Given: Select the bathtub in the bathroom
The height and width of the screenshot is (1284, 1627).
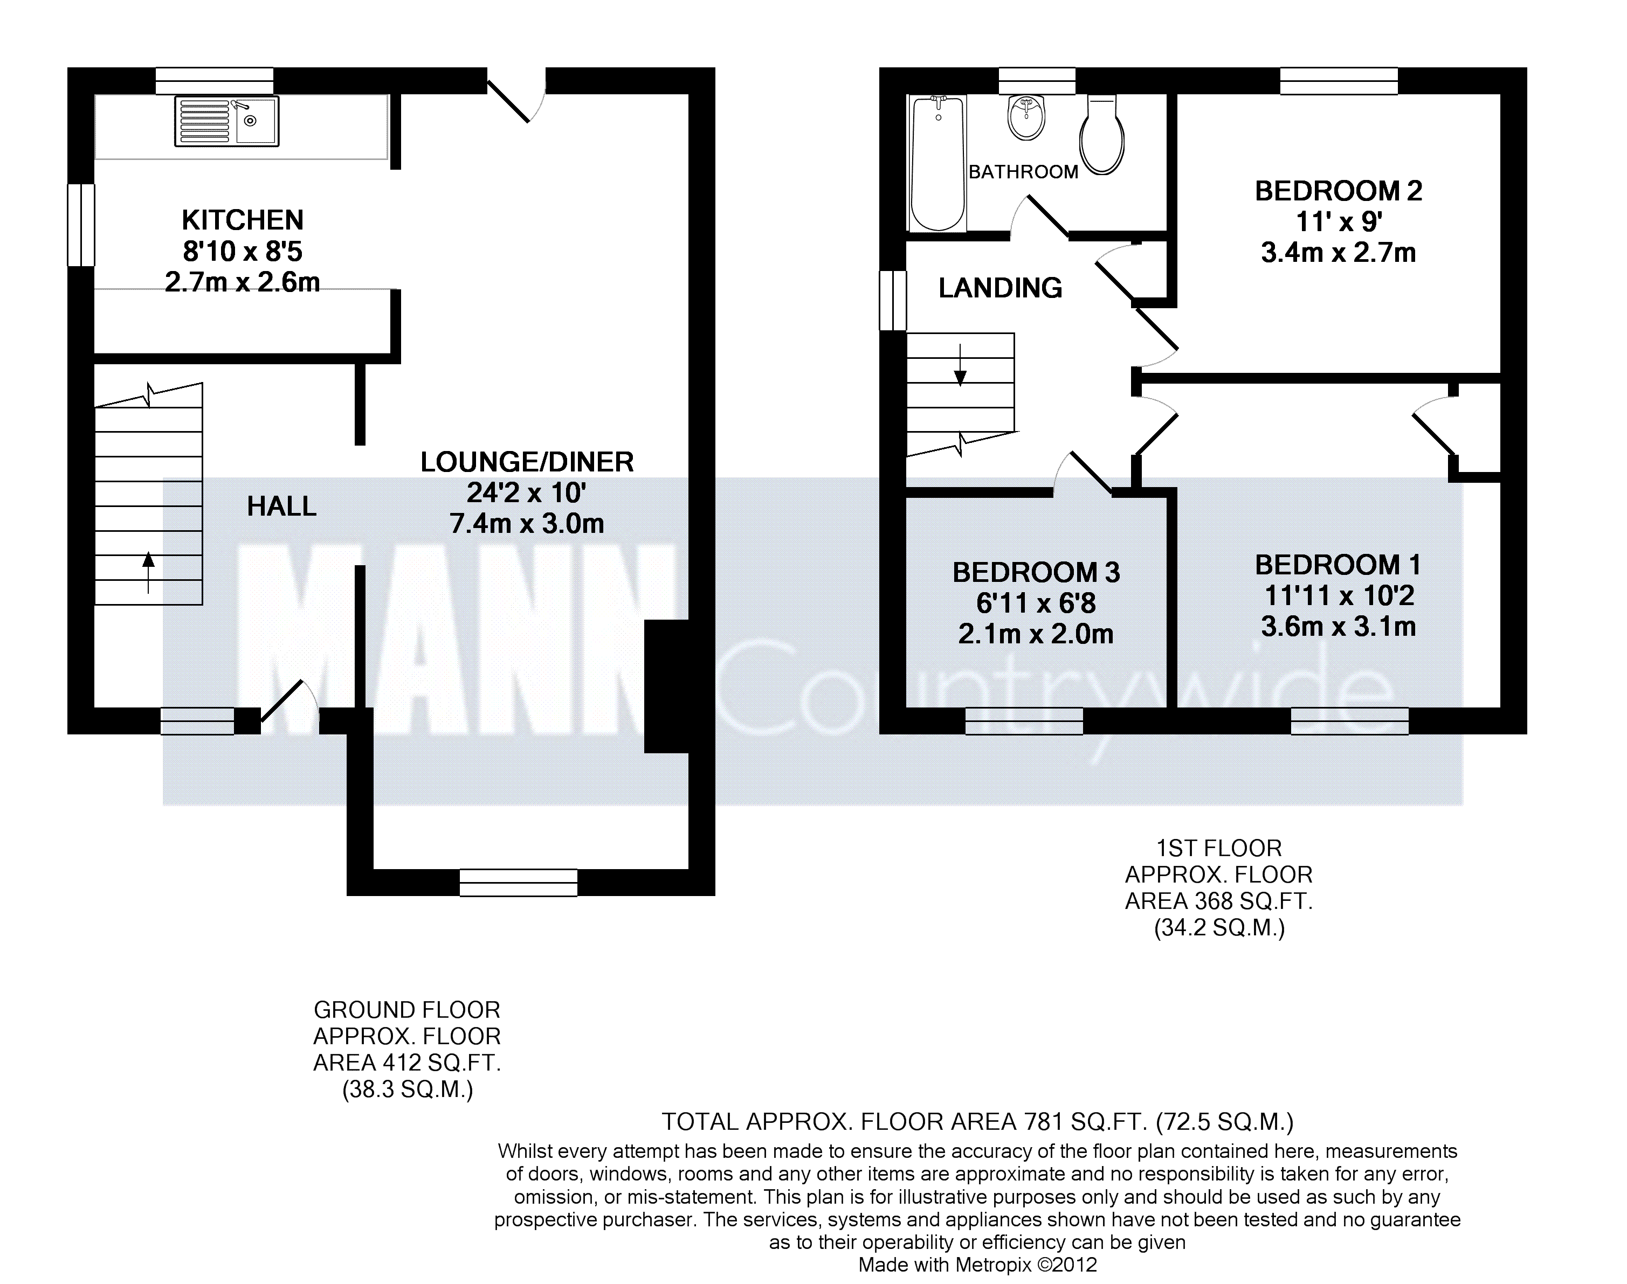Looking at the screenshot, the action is click(937, 163).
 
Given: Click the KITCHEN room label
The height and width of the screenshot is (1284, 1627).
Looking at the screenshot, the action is click(242, 220).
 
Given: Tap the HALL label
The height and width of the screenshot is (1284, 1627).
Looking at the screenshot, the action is click(281, 506).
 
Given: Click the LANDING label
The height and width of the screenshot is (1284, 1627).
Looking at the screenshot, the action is click(1001, 288).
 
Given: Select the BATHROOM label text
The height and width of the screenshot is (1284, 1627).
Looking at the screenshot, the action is click(1023, 172).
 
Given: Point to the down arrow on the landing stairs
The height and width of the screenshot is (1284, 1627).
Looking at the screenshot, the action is click(961, 365).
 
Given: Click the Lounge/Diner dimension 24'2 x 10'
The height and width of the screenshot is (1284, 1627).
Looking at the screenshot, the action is click(527, 493).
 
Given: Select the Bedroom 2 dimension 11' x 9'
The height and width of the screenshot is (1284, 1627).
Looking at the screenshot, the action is click(1339, 222).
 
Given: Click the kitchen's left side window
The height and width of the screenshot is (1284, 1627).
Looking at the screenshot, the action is click(81, 225).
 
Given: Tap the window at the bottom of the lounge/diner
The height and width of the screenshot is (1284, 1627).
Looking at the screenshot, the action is click(518, 883).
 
